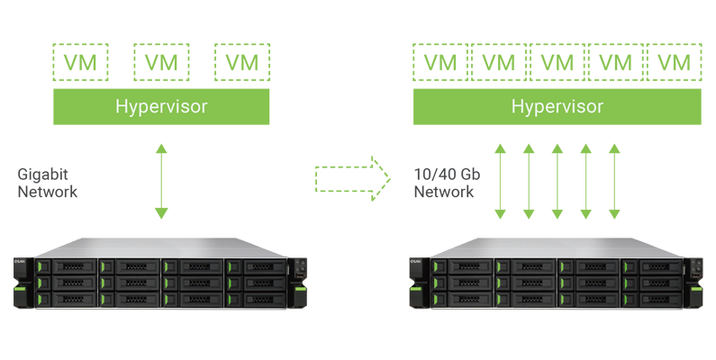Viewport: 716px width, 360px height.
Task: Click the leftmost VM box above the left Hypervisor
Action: click(x=80, y=63)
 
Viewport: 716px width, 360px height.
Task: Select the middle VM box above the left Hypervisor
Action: click(x=161, y=63)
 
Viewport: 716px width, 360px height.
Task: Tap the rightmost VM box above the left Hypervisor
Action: click(x=242, y=63)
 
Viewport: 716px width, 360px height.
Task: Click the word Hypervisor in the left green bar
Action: click(x=161, y=107)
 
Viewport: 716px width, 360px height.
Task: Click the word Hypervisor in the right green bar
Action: click(x=557, y=107)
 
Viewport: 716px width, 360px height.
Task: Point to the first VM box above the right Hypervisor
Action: click(x=440, y=63)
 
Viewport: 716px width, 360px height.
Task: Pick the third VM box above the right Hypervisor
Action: click(x=557, y=63)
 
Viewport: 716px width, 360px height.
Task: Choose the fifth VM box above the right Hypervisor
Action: click(x=675, y=63)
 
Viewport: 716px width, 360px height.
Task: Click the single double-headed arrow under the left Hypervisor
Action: click(x=160, y=180)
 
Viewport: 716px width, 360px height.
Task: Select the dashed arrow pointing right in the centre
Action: click(x=352, y=179)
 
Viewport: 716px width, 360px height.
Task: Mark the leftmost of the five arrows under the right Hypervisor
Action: click(x=500, y=180)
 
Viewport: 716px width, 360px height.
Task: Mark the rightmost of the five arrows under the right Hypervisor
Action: click(x=614, y=180)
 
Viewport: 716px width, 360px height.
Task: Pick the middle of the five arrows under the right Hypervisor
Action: click(x=557, y=180)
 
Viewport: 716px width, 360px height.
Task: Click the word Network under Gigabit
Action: click(x=48, y=192)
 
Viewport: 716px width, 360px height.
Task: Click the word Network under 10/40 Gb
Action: click(x=444, y=192)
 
